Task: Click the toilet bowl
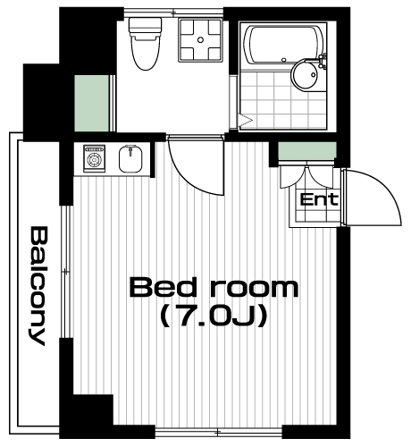coord(146,52)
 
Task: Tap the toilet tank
coord(146,25)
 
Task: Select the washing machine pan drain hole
coord(200,39)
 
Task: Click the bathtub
coord(283,46)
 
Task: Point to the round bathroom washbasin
coord(306,74)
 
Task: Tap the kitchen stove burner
coord(95,159)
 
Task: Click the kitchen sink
coord(130,159)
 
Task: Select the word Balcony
coord(38,286)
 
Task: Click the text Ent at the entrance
coord(319,199)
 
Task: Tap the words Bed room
coord(214,287)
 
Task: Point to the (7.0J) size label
coord(214,317)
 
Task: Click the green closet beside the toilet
coord(92,104)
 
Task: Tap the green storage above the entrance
coord(307,151)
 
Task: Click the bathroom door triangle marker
coord(246,121)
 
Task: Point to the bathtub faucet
coord(323,60)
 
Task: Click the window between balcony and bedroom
coord(66,271)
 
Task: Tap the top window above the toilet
coord(173,12)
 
